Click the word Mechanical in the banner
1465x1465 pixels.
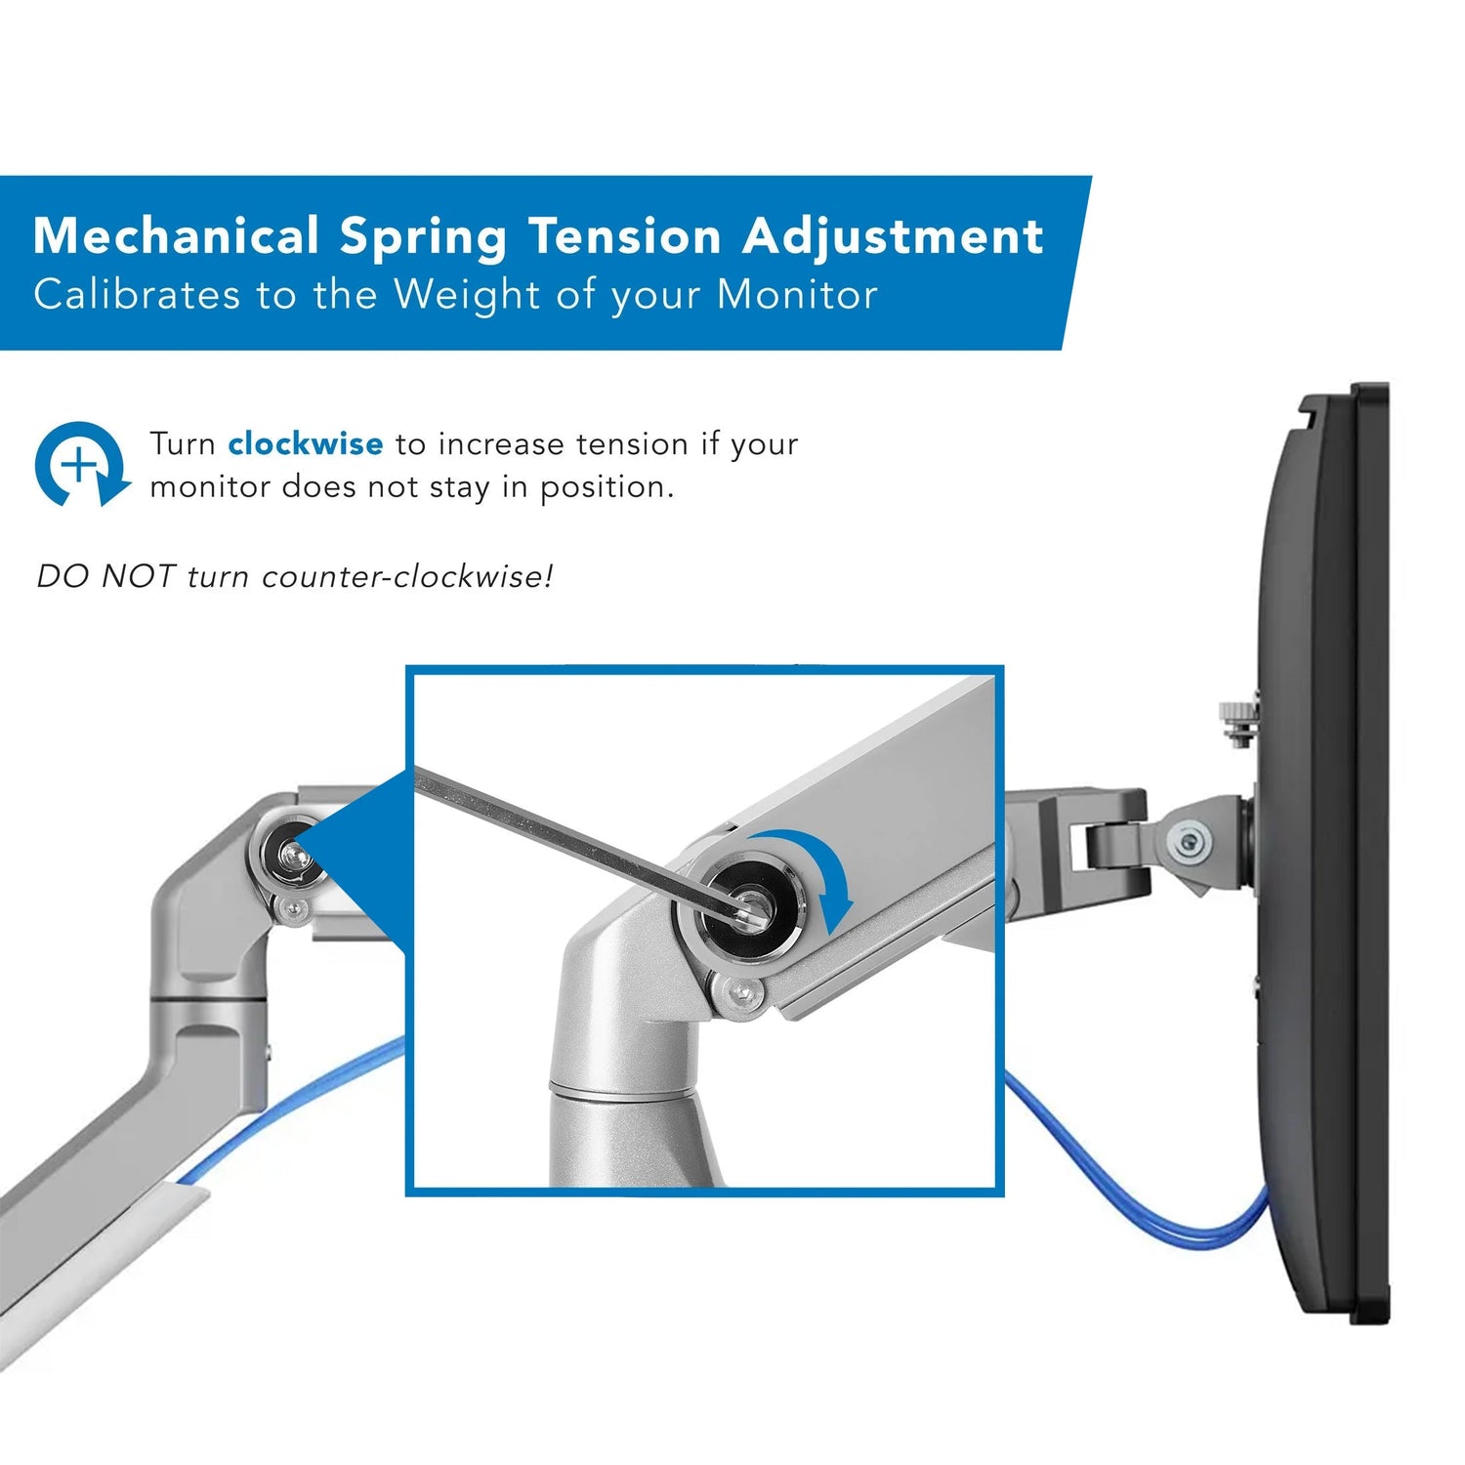[x=176, y=236]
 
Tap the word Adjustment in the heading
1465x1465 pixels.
[x=893, y=236]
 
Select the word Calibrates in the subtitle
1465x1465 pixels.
[x=137, y=295]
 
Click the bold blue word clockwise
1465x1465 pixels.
[x=305, y=444]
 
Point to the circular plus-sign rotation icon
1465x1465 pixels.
[x=81, y=465]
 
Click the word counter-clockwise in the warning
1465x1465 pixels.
[x=407, y=576]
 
